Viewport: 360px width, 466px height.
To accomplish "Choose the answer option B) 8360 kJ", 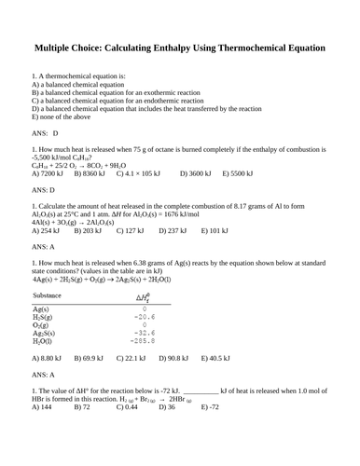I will tap(82, 173).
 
